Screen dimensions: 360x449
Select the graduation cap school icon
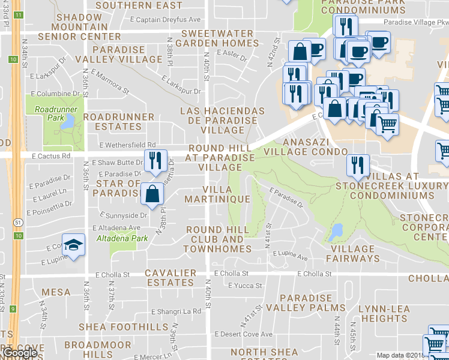pyautogui.click(x=73, y=245)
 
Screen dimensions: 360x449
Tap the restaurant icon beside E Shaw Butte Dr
pyautogui.click(x=154, y=161)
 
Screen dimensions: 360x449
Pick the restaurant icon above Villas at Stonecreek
pyautogui.click(x=358, y=166)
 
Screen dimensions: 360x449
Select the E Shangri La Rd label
pyautogui.click(x=176, y=311)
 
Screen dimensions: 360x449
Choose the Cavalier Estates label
pyautogui.click(x=170, y=277)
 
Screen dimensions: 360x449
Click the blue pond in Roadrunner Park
pyautogui.click(x=68, y=122)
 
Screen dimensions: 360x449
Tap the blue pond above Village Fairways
pyautogui.click(x=336, y=230)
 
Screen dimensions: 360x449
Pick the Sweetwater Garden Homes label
pyautogui.click(x=220, y=38)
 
